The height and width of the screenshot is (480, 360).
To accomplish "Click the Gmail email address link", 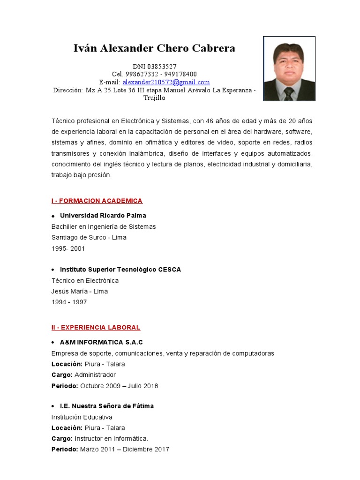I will pyautogui.click(x=166, y=82).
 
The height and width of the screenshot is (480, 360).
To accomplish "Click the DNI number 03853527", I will pyautogui.click(x=161, y=67).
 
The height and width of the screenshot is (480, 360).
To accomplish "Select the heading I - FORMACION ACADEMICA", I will pyautogui.click(x=97, y=201).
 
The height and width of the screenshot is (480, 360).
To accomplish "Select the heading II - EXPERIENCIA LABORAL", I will pyautogui.click(x=96, y=327).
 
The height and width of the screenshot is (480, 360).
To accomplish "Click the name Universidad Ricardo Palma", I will pyautogui.click(x=103, y=216).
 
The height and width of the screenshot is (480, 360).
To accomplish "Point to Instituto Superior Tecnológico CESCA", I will pyautogui.click(x=120, y=270).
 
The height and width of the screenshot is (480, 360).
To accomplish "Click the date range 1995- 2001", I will pyautogui.click(x=68, y=248).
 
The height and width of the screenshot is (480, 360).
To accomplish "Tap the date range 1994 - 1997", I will pyautogui.click(x=69, y=302).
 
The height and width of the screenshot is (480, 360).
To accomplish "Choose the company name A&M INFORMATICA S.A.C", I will pyautogui.click(x=101, y=342).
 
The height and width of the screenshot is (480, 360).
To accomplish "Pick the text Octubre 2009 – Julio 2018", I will pyautogui.click(x=119, y=386).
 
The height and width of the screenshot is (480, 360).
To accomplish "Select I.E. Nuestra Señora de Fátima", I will pyautogui.click(x=107, y=406).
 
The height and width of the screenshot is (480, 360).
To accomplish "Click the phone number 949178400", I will pyautogui.click(x=180, y=75).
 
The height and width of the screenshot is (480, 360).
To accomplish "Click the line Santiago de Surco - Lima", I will pyautogui.click(x=89, y=238).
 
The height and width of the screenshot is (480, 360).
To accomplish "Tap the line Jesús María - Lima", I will pyautogui.click(x=80, y=292).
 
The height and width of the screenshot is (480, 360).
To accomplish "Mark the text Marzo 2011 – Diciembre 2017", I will pyautogui.click(x=125, y=450).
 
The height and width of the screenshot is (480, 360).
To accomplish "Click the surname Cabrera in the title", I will pyautogui.click(x=215, y=48).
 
